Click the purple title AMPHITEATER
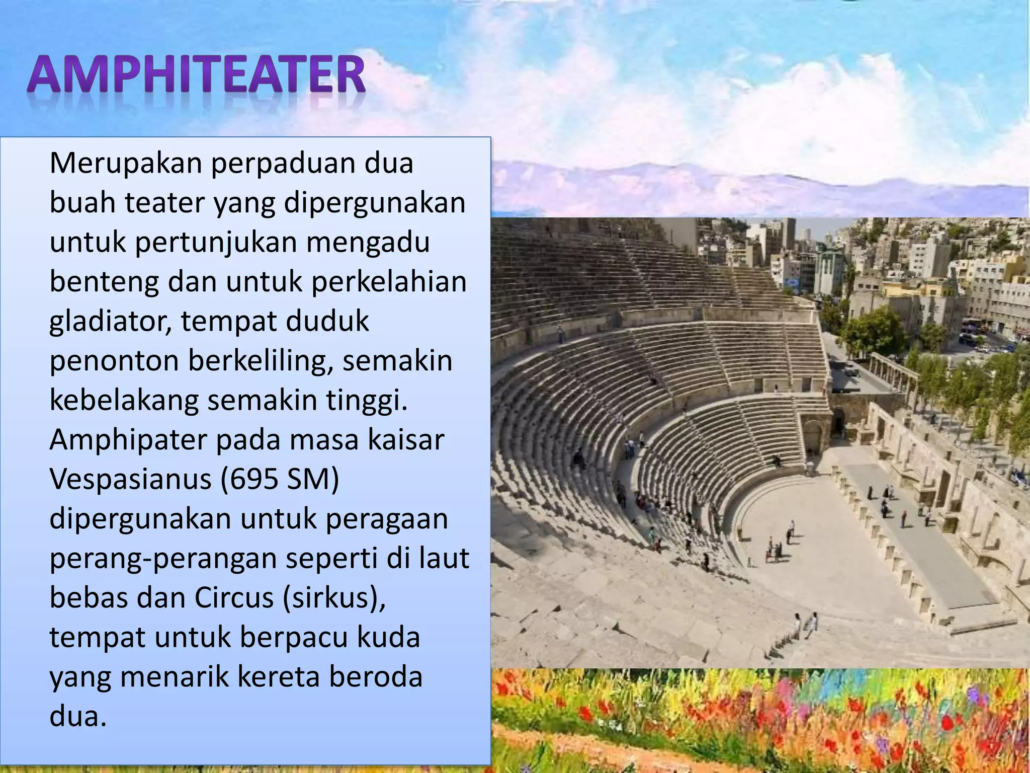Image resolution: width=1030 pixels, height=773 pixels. (196, 75)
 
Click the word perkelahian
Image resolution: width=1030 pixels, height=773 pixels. (389, 282)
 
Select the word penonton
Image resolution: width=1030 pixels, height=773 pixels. (114, 361)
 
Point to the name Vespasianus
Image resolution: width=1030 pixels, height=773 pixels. (130, 479)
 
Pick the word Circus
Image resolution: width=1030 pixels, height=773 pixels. (233, 598)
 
